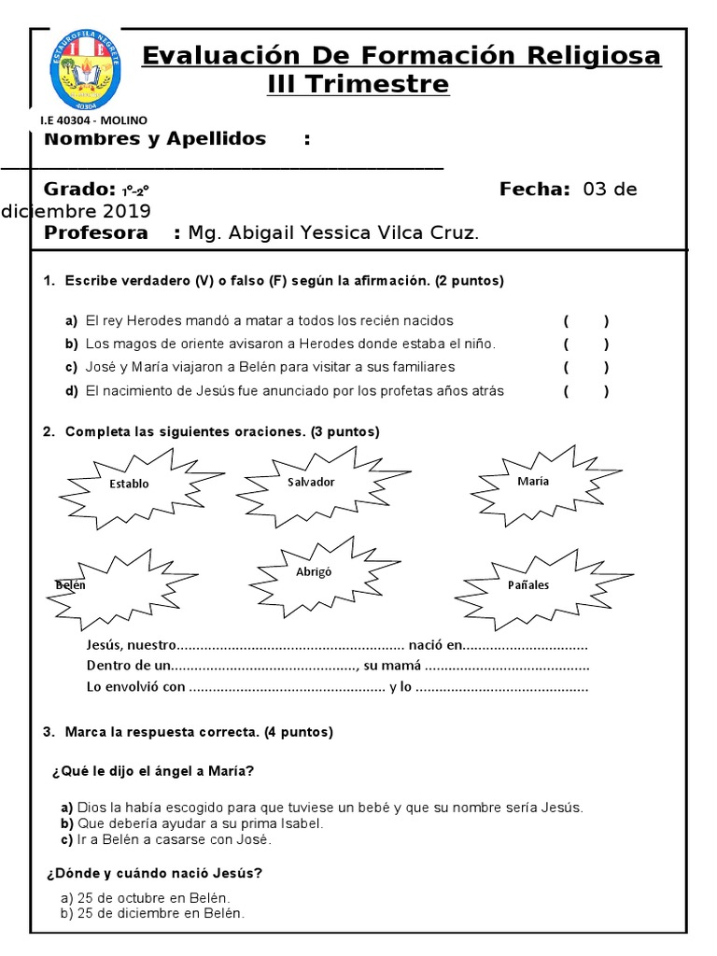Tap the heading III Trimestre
358,85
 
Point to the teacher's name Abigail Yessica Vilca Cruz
333,233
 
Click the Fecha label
534,190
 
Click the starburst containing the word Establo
129,484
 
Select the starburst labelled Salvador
310,482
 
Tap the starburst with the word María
533,481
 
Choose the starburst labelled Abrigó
314,572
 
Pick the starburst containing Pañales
529,585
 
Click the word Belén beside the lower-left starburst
70,585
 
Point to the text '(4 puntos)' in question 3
298,732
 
